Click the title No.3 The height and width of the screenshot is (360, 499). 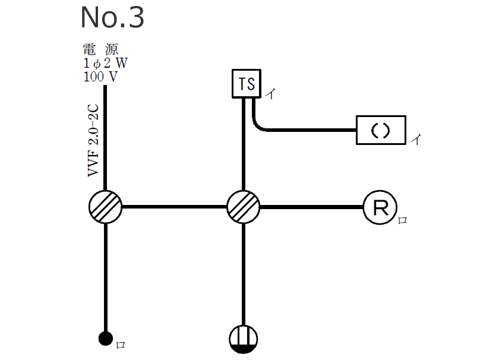pos(112,18)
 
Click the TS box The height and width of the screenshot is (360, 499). pos(246,84)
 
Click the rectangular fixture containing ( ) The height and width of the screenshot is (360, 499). pos(381,130)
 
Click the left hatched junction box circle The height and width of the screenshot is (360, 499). pos(106,207)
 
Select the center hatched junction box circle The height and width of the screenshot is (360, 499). pos(244,207)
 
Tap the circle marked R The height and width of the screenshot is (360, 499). pos(380,207)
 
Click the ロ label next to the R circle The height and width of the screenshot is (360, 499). pos(402,221)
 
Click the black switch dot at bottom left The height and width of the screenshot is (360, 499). pos(105,339)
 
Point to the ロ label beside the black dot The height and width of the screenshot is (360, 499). pos(120,345)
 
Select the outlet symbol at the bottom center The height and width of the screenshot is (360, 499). pos(244,338)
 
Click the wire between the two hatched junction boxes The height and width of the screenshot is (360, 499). pos(175,207)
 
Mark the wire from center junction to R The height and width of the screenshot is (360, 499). pos(312,207)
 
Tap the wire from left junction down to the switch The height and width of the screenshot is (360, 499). pos(106,273)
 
